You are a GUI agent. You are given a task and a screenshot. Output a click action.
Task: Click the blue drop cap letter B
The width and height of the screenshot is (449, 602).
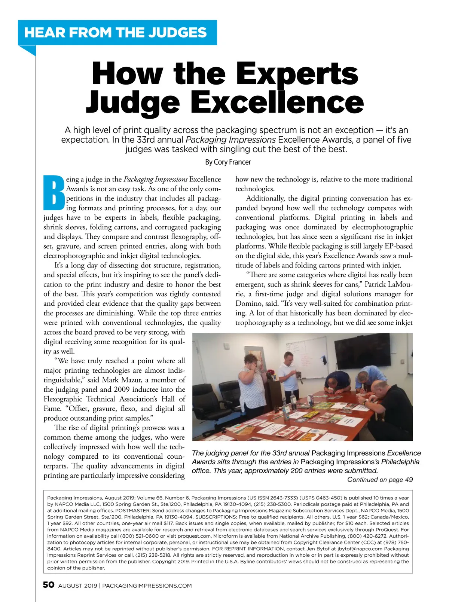click(x=54, y=193)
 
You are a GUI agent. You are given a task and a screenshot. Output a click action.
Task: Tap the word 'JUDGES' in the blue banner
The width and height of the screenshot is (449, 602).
click(x=177, y=33)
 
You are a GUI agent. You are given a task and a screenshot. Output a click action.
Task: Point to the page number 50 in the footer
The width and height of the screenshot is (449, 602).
click(x=49, y=585)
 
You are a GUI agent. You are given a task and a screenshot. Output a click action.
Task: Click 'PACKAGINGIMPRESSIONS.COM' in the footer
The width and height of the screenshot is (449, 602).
click(x=147, y=586)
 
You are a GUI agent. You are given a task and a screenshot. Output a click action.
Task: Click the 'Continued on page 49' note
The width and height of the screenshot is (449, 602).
click(x=380, y=480)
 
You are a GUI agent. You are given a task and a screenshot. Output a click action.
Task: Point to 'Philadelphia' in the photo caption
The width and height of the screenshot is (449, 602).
click(x=400, y=462)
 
